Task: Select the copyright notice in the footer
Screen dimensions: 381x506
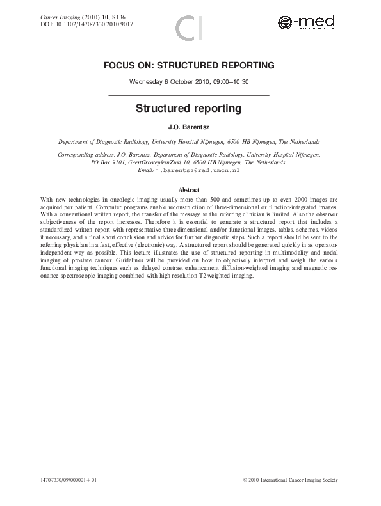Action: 295,480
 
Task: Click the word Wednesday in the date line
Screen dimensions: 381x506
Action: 145,82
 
